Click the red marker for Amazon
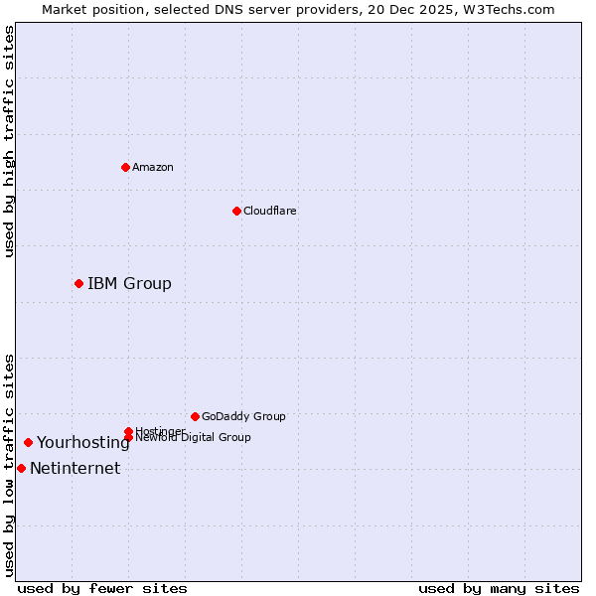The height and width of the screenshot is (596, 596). [125, 167]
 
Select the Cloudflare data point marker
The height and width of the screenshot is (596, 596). [236, 211]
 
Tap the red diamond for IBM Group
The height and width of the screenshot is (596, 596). [78, 283]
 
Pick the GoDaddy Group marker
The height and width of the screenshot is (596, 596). [195, 416]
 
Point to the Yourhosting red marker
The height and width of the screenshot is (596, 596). [28, 442]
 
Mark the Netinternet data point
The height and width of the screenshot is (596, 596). [21, 468]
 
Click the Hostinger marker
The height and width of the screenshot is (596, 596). [128, 431]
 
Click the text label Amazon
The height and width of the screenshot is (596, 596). [153, 167]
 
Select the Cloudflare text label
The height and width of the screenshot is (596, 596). [270, 211]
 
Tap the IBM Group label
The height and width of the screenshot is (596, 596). [129, 284]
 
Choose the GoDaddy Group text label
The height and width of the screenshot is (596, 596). [243, 417]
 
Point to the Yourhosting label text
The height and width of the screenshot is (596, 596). [83, 443]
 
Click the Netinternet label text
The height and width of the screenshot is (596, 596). [75, 469]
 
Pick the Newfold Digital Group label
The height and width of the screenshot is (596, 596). [195, 438]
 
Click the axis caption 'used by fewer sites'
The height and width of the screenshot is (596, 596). [102, 588]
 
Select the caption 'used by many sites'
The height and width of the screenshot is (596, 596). [499, 588]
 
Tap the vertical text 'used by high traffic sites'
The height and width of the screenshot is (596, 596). [9, 141]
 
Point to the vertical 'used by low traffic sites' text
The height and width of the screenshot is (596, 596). [9, 465]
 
